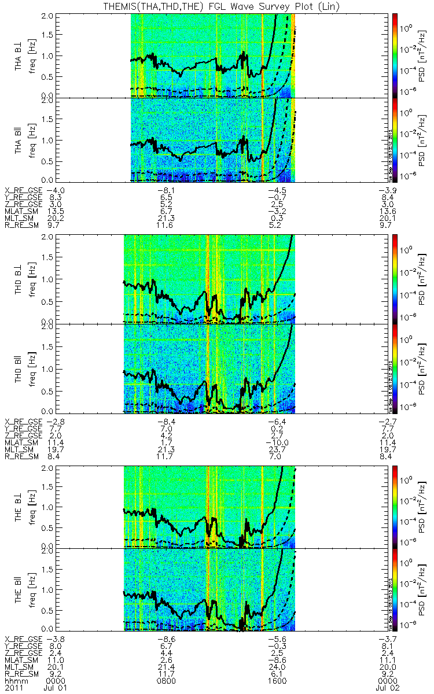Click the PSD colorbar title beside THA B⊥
click(x=424, y=53)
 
